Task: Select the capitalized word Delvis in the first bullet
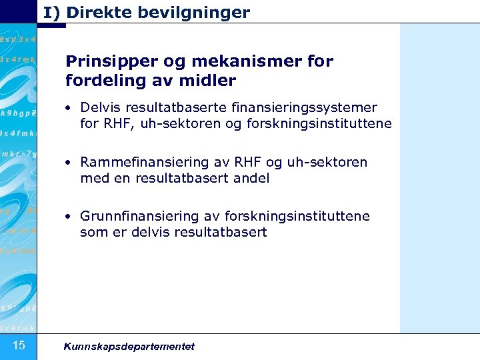pos(100,107)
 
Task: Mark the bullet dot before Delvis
pos(69,108)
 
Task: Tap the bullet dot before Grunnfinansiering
pos(69,217)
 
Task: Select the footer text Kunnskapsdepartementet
pos(129,346)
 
